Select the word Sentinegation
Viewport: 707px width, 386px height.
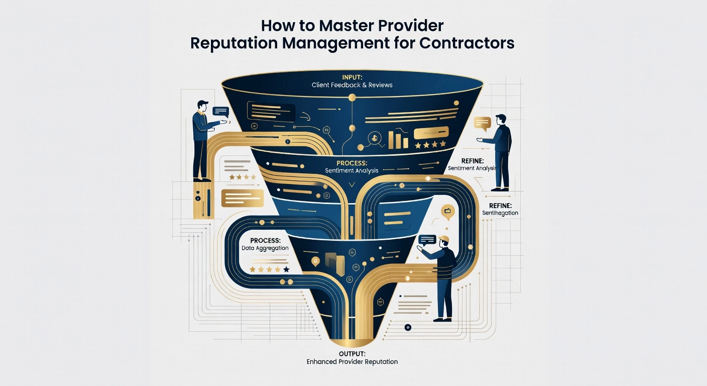click(499, 213)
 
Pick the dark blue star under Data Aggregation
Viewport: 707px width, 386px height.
click(286, 270)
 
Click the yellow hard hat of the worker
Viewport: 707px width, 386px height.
click(443, 238)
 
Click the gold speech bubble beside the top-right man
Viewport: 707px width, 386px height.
click(483, 122)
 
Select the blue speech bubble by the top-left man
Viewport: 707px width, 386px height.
click(220, 112)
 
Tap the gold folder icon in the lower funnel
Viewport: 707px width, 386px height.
click(334, 261)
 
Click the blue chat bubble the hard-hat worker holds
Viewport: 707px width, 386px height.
click(427, 240)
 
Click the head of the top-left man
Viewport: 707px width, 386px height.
click(202, 106)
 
